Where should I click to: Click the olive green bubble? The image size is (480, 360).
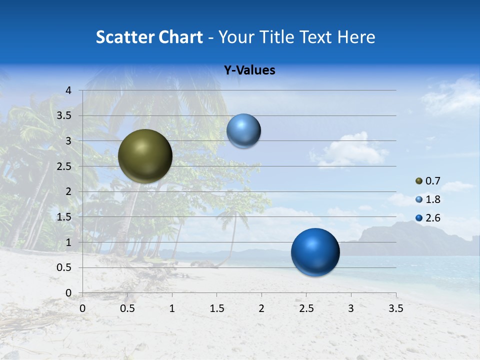click(x=145, y=156)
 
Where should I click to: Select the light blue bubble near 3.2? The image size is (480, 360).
click(x=243, y=131)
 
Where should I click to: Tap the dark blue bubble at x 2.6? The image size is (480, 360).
click(x=315, y=252)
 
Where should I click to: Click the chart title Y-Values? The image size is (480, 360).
click(x=249, y=70)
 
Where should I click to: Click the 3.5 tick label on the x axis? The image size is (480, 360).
click(x=395, y=308)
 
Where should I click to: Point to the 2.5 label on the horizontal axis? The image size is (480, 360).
click(x=306, y=308)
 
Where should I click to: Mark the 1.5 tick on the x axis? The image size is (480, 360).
click(x=216, y=308)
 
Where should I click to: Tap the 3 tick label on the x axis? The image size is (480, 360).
click(x=351, y=308)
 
